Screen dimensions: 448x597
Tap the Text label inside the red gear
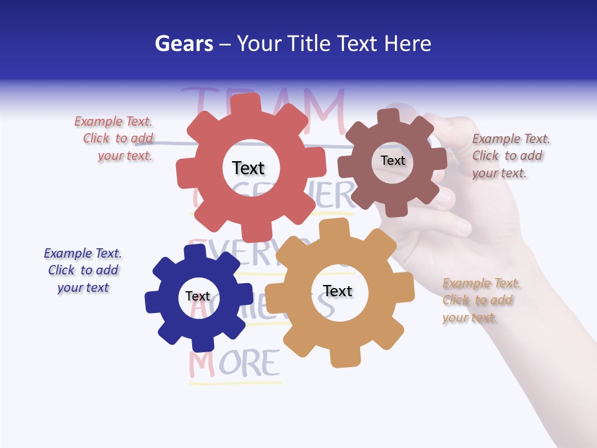(x=248, y=168)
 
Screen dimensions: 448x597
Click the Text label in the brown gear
(x=392, y=161)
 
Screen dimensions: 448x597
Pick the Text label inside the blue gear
(x=197, y=296)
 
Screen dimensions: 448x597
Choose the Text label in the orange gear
(x=337, y=291)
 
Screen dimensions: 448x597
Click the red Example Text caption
(x=114, y=139)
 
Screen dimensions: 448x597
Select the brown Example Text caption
(x=511, y=156)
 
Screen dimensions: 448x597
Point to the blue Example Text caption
(x=83, y=271)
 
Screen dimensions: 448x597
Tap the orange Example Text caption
(x=481, y=301)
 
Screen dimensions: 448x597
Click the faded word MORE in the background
(x=235, y=364)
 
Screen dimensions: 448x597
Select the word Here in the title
(x=408, y=44)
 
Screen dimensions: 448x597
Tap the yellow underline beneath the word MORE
(x=235, y=383)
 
